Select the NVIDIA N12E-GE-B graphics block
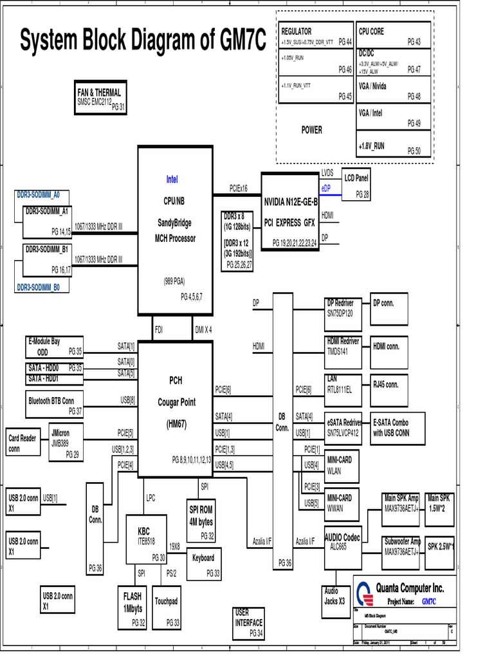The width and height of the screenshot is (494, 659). pyautogui.click(x=291, y=212)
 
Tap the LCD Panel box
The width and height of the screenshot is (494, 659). pyautogui.click(x=356, y=185)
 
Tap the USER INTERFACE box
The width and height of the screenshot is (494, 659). pyautogui.click(x=249, y=624)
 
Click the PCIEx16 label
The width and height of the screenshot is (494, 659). pyautogui.click(x=239, y=188)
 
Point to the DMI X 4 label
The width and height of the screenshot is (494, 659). pyautogui.click(x=203, y=329)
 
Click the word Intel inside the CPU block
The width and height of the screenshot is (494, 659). pyautogui.click(x=172, y=180)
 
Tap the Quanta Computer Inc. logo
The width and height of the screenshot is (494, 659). pyautogui.click(x=365, y=591)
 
